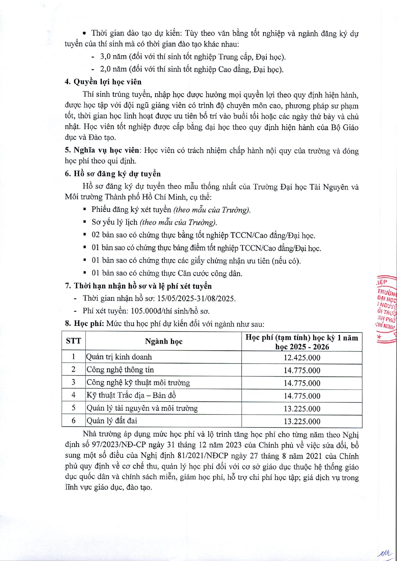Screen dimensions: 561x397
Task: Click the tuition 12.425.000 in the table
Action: pos(302,358)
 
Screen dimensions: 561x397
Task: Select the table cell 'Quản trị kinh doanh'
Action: pos(119,357)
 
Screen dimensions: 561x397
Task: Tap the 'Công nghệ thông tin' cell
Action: pos(120,370)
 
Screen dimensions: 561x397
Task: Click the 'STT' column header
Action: pos(73,341)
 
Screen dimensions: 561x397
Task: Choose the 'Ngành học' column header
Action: pos(164,341)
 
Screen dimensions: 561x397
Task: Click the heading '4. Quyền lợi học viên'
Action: pos(103,82)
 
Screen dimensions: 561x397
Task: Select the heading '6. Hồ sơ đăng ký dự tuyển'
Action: pos(113,174)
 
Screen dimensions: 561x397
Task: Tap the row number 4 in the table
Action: pos(73,395)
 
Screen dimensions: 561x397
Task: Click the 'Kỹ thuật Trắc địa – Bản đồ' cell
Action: pos(131,395)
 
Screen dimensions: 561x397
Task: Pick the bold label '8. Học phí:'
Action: pos(85,323)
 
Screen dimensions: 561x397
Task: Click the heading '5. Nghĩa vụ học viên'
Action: pos(102,150)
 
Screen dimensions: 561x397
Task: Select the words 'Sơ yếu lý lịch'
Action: pos(114,222)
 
